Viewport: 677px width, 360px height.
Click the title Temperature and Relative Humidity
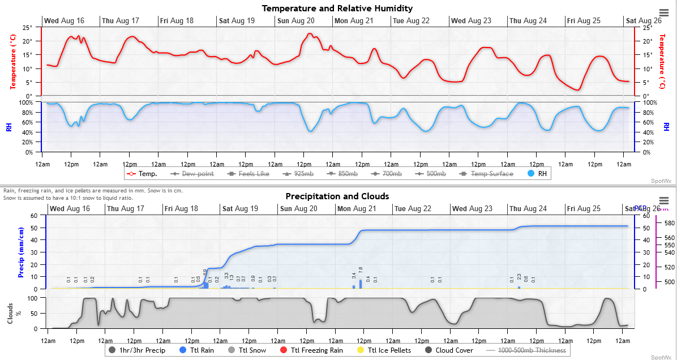coord(337,8)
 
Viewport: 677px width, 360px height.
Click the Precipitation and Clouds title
coord(337,196)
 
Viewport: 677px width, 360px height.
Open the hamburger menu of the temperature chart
coord(664,13)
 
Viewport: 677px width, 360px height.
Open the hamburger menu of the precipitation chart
coord(664,201)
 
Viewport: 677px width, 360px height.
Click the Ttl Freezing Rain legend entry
coord(312,350)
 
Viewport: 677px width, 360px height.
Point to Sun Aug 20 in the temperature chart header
coord(295,21)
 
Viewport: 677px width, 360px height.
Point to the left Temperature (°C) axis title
coord(12,61)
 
